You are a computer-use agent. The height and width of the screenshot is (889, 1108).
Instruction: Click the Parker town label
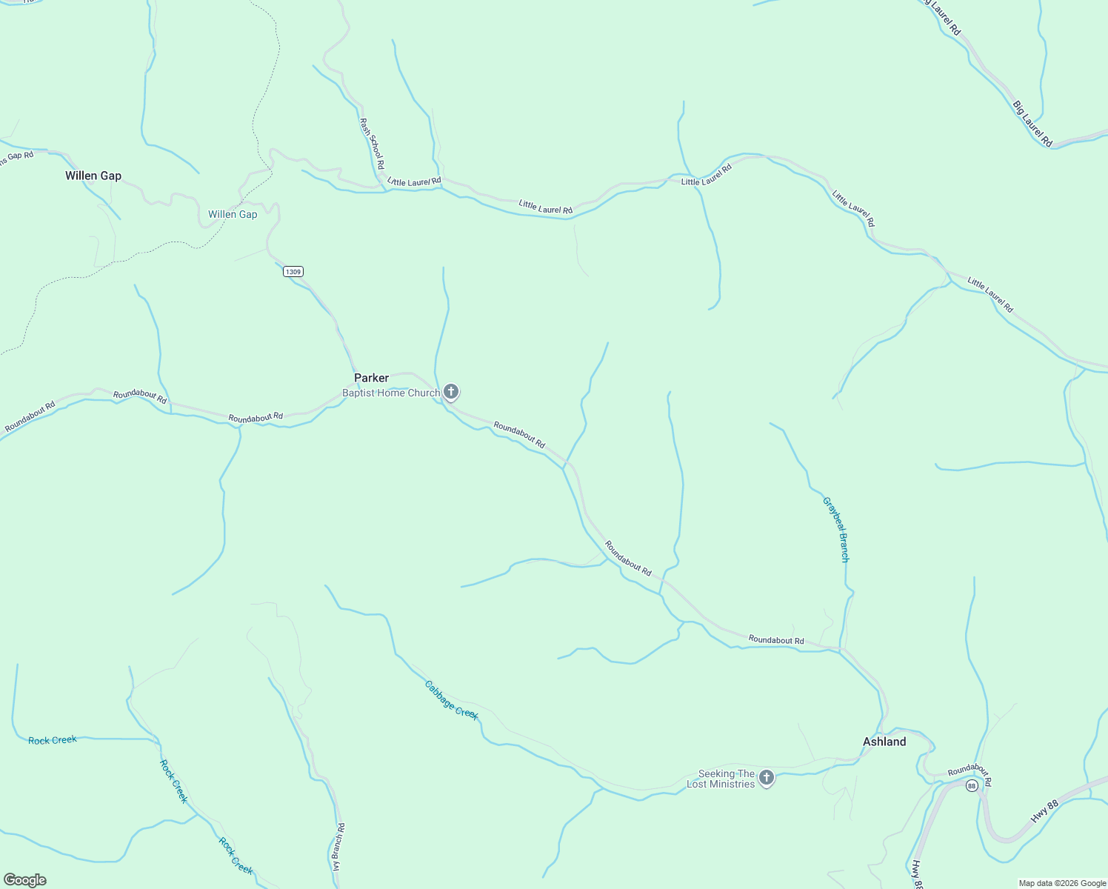pyautogui.click(x=371, y=378)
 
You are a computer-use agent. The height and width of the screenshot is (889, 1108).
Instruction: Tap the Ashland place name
pyautogui.click(x=884, y=742)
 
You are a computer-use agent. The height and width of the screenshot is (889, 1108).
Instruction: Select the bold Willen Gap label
pyautogui.click(x=93, y=176)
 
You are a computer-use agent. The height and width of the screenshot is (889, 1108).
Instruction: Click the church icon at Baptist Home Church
pyautogui.click(x=451, y=392)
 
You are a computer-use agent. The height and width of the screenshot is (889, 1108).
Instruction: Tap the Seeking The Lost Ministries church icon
pyautogui.click(x=767, y=778)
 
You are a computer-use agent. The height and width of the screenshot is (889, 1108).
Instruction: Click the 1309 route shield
pyautogui.click(x=293, y=272)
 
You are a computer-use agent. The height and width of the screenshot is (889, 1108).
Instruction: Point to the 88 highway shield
pyautogui.click(x=972, y=785)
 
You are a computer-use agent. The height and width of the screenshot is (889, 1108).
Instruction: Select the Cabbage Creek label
pyautogui.click(x=451, y=700)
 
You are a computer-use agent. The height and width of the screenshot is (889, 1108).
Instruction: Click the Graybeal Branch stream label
pyautogui.click(x=835, y=529)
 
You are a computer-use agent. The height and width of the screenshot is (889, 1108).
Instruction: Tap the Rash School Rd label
pyautogui.click(x=372, y=143)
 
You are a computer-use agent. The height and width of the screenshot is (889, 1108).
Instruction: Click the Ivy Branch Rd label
pyautogui.click(x=338, y=846)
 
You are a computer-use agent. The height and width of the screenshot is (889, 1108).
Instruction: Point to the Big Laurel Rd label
pyautogui.click(x=1032, y=123)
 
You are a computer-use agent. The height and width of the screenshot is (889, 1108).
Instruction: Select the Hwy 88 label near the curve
pyautogui.click(x=1045, y=811)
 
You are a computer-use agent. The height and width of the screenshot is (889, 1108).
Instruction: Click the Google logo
pyautogui.click(x=24, y=880)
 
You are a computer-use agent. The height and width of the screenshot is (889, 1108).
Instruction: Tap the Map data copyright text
pyautogui.click(x=1061, y=883)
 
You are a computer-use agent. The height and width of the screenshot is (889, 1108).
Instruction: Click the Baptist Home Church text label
pyautogui.click(x=391, y=393)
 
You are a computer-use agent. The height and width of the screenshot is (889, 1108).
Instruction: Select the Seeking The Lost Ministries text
pyautogui.click(x=721, y=779)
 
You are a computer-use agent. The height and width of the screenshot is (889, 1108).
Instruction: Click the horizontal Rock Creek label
pyautogui.click(x=53, y=740)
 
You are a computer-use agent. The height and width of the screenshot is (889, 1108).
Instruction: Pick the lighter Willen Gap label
pyautogui.click(x=233, y=214)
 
